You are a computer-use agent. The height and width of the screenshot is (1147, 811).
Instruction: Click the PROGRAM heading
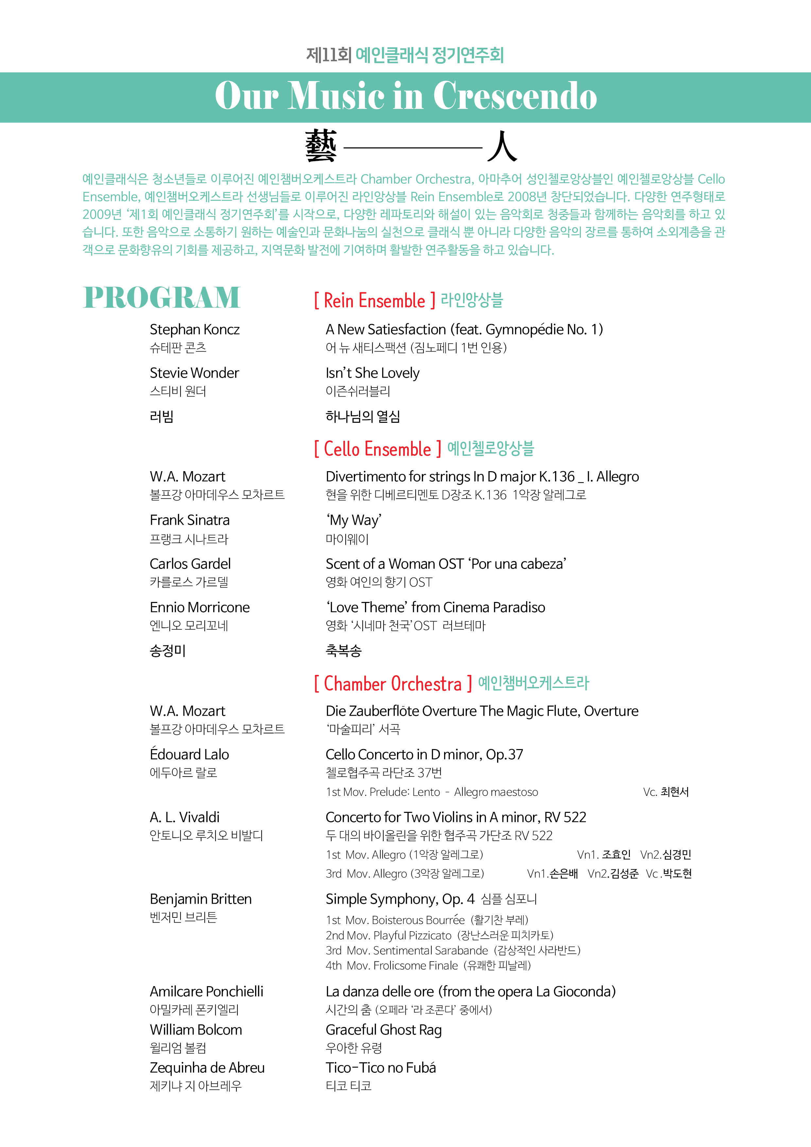162,298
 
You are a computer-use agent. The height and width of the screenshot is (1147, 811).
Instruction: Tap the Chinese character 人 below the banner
502,146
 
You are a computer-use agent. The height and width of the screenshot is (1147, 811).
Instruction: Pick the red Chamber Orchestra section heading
393,683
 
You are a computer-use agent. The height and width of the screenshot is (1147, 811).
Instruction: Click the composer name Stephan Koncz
194,330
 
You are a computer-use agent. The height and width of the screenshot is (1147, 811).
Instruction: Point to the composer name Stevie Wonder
194,373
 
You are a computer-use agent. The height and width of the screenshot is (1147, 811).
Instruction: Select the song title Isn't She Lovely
372,373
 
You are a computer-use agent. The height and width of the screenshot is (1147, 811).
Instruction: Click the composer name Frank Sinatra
189,521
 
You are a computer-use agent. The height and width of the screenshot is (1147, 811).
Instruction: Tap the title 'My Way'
353,521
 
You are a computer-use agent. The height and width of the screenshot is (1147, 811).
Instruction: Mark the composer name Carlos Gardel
190,564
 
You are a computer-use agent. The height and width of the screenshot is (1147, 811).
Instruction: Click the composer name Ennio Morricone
199,608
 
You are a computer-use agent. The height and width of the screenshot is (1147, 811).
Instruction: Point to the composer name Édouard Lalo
189,754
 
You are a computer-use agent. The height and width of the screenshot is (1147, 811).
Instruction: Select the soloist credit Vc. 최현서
665,792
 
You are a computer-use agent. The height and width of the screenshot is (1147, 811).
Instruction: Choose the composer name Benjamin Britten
200,899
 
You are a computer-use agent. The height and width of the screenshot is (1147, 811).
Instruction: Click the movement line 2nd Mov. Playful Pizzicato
439,935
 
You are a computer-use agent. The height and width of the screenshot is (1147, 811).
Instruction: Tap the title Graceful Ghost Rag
383,1030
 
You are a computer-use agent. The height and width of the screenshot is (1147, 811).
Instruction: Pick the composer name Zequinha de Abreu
207,1068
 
